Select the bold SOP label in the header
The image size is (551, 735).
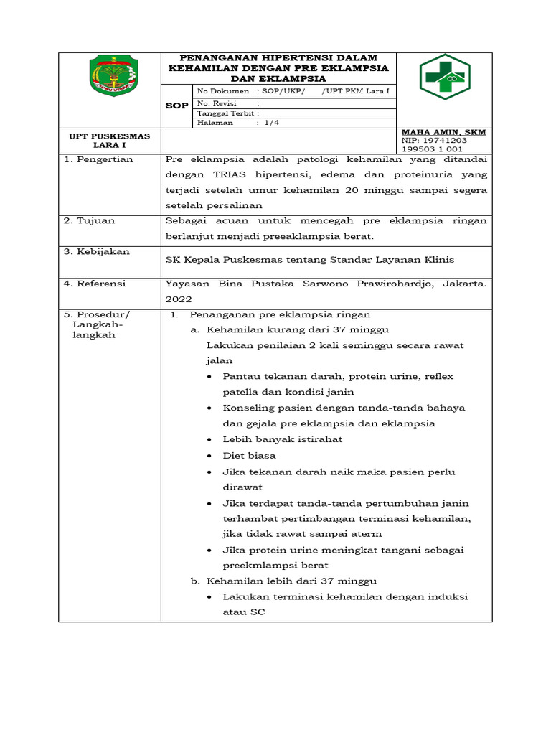pyautogui.click(x=176, y=106)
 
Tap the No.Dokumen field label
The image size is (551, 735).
pyautogui.click(x=223, y=91)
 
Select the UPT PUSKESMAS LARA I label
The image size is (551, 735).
pyautogui.click(x=110, y=139)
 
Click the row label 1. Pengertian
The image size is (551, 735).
pyautogui.click(x=98, y=159)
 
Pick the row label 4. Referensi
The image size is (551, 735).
pyautogui.click(x=95, y=284)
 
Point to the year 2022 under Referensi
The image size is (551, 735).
pyautogui.click(x=178, y=299)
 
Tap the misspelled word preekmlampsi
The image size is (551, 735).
pyautogui.click(x=260, y=565)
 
